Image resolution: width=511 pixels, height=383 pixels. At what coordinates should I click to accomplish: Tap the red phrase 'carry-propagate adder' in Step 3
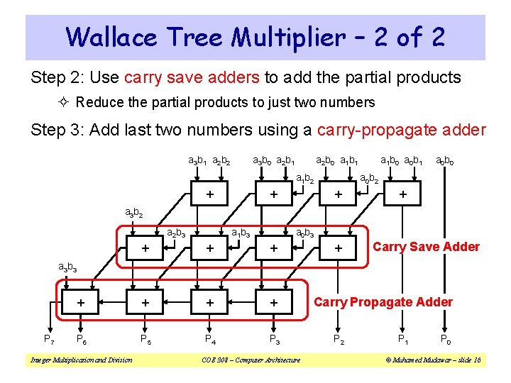point(402,130)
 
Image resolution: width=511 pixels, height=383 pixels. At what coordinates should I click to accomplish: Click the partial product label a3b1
point(198,160)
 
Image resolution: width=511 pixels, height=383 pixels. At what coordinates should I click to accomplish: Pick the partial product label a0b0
point(446,160)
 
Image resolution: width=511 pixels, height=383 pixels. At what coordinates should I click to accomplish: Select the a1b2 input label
point(305,179)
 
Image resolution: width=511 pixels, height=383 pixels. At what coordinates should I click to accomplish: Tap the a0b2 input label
point(369,179)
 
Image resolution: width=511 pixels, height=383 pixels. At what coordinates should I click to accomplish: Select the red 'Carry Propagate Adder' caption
point(383,302)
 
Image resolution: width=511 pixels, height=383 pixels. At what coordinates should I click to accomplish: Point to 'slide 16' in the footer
point(466,360)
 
